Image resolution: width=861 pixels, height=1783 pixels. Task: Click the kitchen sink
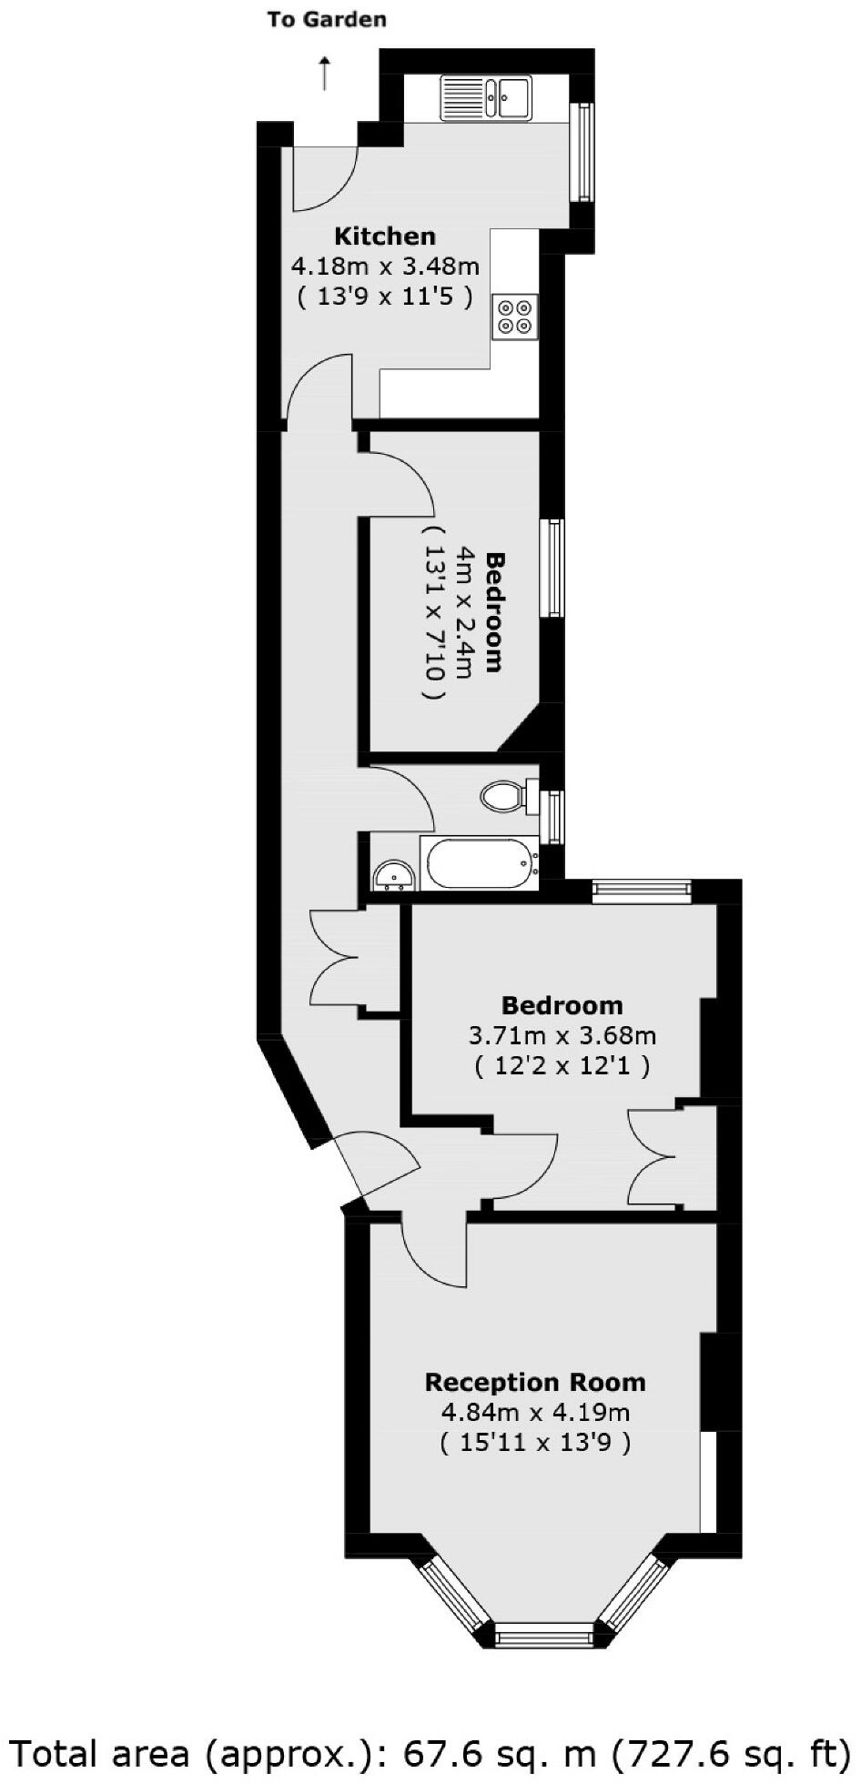[x=487, y=97]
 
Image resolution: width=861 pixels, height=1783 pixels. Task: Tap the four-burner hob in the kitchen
[x=514, y=317]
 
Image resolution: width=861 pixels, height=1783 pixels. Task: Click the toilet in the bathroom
[x=503, y=797]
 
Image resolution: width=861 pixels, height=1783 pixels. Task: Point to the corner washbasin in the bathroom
[x=393, y=876]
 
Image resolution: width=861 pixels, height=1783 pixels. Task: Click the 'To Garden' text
[x=326, y=19]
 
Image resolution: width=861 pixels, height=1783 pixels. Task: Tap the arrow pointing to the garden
[x=325, y=72]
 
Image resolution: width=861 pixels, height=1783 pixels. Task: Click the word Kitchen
[x=385, y=237]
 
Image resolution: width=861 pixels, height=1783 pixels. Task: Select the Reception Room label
[x=535, y=1382]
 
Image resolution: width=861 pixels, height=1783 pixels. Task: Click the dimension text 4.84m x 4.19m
[x=535, y=1412]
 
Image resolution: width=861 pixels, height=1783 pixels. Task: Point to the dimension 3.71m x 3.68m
[x=562, y=1034]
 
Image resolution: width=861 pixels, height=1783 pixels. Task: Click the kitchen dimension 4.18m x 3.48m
[x=385, y=267]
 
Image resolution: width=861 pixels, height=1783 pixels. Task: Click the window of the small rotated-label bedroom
[x=552, y=569]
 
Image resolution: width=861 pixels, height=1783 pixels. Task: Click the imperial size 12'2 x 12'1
[x=562, y=1065]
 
